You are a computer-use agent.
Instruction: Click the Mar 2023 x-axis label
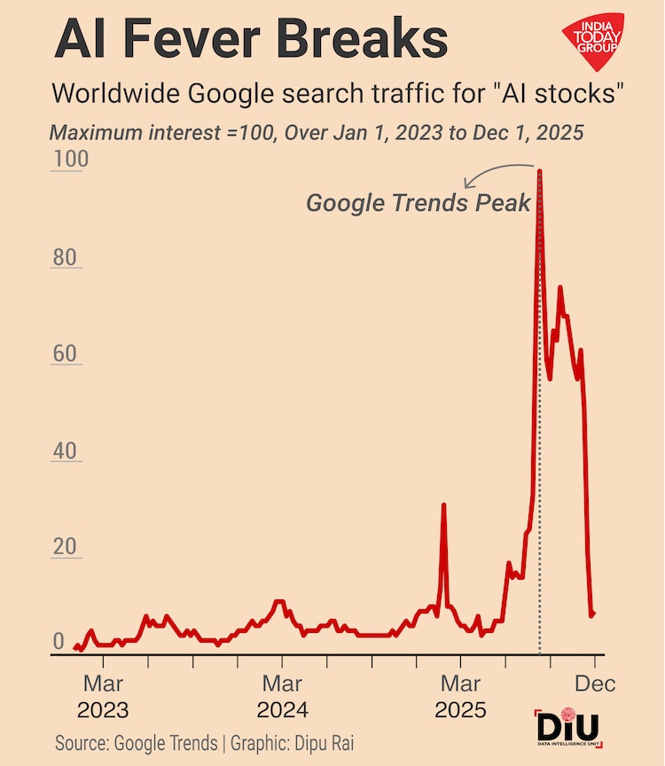point(103,697)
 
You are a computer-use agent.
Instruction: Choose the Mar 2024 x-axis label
point(282,697)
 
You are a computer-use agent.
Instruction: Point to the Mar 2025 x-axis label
point(460,697)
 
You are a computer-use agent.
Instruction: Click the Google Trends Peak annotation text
point(418,203)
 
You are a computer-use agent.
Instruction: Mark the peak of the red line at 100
point(540,171)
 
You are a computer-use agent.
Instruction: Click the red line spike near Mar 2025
point(443,506)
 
